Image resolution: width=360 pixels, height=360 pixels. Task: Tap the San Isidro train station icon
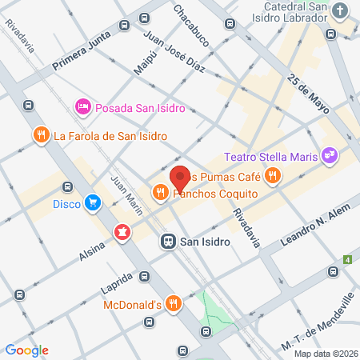coord(169,240)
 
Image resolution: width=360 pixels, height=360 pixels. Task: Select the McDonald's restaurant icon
coord(174,304)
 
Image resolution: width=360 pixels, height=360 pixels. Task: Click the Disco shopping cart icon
coord(94,203)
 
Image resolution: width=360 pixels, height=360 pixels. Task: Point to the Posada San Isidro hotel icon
coord(82,107)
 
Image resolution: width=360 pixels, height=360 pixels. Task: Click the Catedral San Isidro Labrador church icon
coord(341,11)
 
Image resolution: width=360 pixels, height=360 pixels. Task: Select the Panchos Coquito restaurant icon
coord(160,192)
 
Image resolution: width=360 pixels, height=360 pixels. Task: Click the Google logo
coord(27,350)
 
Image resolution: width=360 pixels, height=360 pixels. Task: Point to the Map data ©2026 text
coord(326,353)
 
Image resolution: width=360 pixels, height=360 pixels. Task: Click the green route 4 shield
coord(348,259)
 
